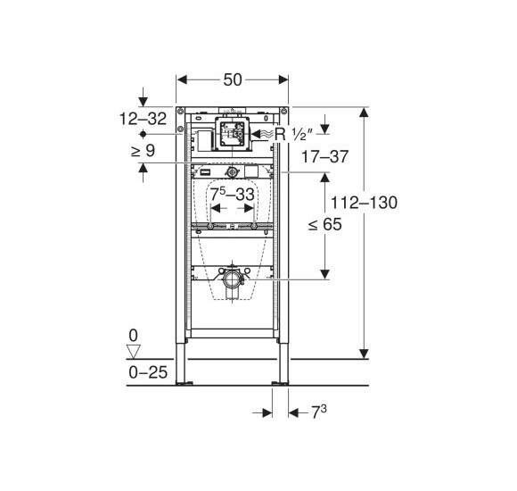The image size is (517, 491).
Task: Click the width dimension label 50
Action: click(233, 80)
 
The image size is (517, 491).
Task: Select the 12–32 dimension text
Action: click(143, 119)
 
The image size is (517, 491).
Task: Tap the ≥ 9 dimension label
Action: click(143, 151)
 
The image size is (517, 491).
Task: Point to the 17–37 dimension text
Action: click(324, 156)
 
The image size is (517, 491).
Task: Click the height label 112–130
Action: click(364, 203)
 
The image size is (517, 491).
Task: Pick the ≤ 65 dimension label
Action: click(324, 225)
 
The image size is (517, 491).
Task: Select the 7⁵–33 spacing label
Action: click(232, 194)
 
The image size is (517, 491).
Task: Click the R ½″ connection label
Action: click(293, 135)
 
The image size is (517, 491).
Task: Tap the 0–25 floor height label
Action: click(148, 372)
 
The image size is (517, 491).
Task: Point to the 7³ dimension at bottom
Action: click(319, 412)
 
